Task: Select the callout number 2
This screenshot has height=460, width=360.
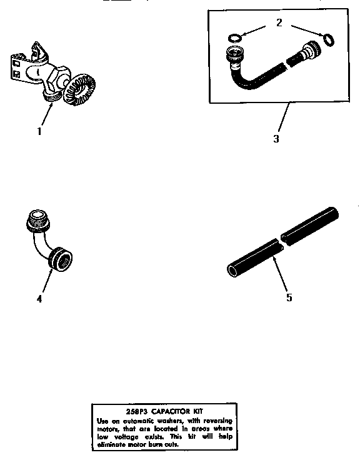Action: pos(279,23)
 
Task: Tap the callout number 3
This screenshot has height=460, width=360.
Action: pos(276,138)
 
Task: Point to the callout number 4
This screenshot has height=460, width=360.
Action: pos(39,298)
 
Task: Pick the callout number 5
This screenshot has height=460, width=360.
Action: pos(289,297)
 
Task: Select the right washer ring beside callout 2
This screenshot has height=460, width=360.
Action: pos(327,41)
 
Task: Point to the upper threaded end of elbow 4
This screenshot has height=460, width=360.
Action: pos(36,220)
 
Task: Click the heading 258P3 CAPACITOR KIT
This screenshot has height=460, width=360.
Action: pos(160,412)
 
